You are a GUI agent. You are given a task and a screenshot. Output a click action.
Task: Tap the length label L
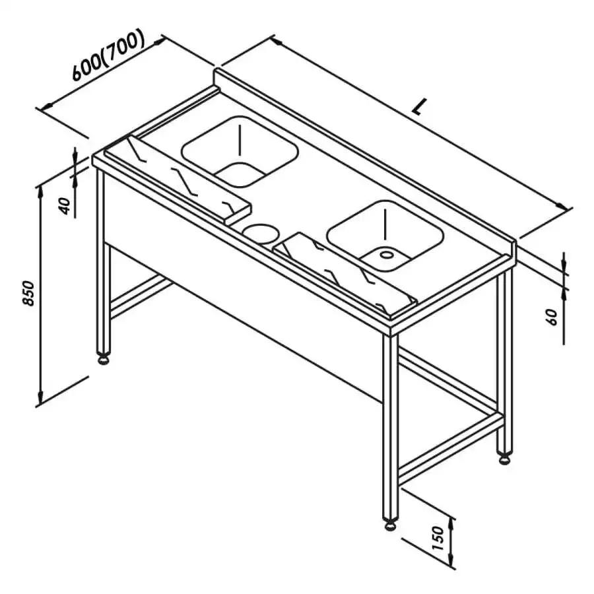(x=419, y=106)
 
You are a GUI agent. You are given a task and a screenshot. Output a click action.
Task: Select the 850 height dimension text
(x=28, y=293)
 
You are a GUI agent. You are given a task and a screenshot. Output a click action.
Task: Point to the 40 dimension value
(x=65, y=206)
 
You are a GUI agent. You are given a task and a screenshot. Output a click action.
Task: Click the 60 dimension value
(x=552, y=317)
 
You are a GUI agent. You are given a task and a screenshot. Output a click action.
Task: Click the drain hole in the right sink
(x=386, y=254)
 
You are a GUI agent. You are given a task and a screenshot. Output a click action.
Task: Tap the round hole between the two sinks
(x=261, y=233)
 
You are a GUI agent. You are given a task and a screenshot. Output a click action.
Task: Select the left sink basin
(x=240, y=151)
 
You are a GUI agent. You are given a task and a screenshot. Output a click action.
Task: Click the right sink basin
(x=385, y=236)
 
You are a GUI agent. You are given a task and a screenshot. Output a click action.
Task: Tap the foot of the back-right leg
(x=505, y=459)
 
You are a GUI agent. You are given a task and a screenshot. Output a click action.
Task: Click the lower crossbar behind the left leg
(x=141, y=295)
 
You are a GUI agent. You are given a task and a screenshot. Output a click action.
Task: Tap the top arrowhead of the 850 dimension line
(x=40, y=190)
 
